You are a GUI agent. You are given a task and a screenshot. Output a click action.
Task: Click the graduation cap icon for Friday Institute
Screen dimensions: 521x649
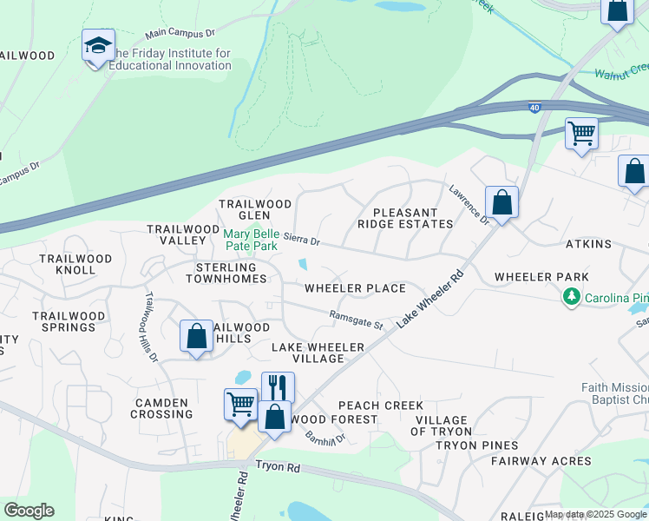[98, 45]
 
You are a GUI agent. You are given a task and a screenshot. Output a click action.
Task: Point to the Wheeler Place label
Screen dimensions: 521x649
[355, 288]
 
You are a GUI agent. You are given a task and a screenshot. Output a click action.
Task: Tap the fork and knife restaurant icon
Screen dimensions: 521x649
[278, 386]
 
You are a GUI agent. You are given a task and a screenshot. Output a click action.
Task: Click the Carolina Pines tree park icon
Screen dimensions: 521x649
[571, 298]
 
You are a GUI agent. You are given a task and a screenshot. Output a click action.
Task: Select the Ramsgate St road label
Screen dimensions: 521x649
[356, 320]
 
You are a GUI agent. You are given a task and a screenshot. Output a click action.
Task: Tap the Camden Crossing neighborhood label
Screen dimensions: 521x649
[161, 409]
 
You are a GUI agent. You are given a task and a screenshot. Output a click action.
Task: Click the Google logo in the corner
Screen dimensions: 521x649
[28, 511]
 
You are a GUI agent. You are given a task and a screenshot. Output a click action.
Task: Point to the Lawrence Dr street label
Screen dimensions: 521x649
[469, 204]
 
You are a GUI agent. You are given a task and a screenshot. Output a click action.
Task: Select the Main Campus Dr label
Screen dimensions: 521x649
[180, 33]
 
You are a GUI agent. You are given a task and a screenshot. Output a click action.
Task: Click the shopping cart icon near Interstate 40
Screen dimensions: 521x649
[580, 134]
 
